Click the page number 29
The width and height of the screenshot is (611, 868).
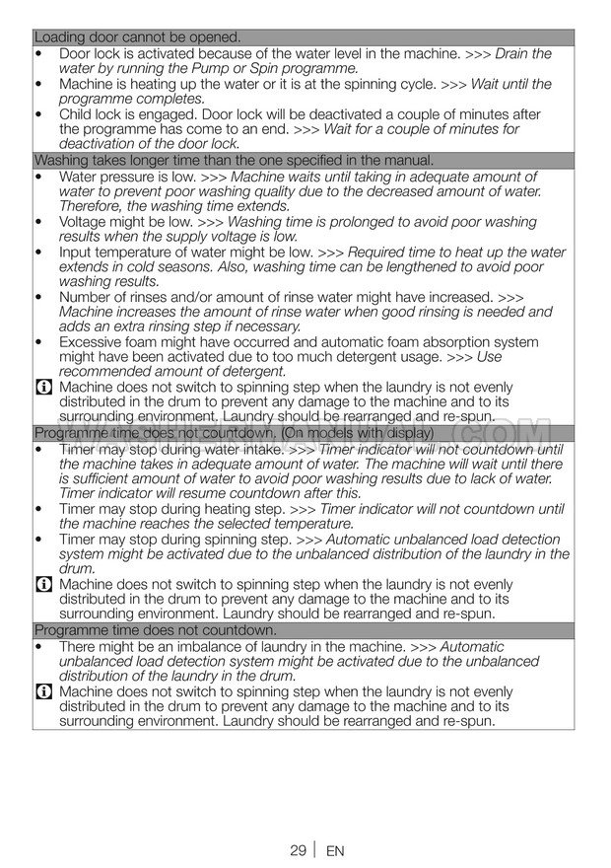pos(298,850)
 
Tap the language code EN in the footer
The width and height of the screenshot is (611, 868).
pos(335,850)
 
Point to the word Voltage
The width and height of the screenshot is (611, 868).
pos(86,222)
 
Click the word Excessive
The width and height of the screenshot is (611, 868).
pos(93,342)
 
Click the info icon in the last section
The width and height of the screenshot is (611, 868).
pos(43,691)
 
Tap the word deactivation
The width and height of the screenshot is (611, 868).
pos(103,144)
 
